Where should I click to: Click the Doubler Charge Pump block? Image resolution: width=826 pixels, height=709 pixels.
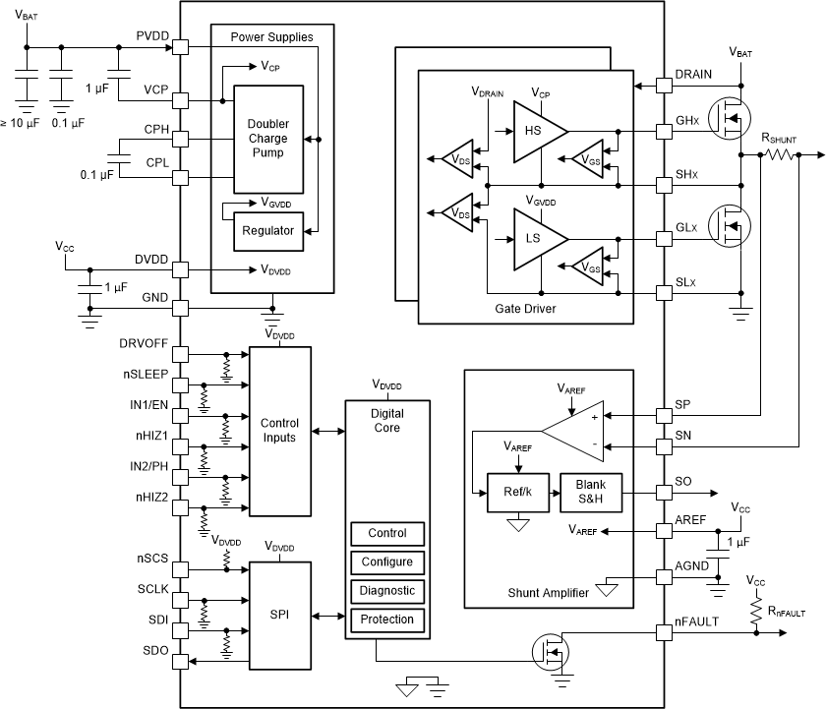click(267, 139)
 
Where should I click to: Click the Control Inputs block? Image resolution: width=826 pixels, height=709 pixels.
click(279, 431)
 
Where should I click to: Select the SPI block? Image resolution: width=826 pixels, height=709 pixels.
click(279, 616)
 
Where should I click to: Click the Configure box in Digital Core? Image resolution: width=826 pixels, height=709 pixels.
click(387, 562)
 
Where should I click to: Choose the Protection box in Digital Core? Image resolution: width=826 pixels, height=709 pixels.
click(387, 620)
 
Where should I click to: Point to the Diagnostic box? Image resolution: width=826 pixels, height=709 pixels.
click(387, 591)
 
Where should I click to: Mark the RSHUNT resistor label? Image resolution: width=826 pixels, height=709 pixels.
click(779, 140)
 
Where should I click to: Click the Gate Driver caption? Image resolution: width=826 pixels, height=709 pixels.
click(526, 309)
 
